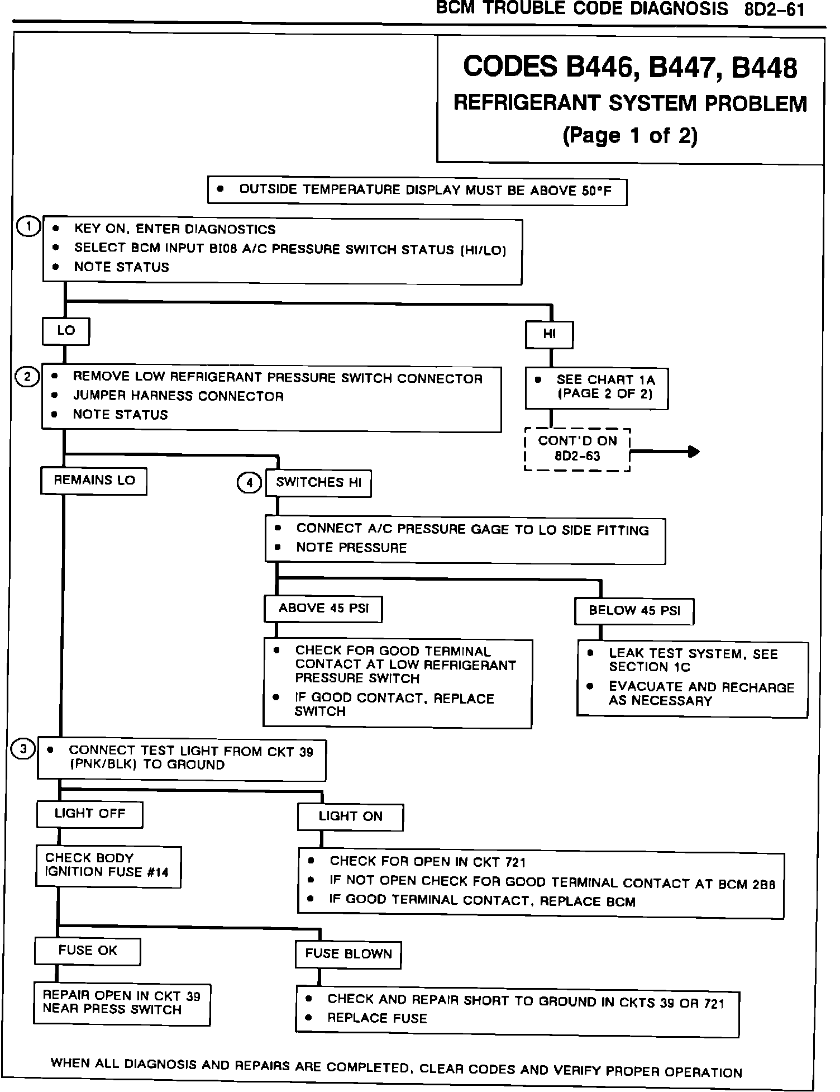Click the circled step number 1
pos(28,227)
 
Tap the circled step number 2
pos(27,377)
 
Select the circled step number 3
pos(23,749)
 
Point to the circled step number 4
pos(249,482)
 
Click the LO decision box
pos(66,331)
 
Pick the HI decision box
pos(550,334)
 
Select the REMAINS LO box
pos(94,481)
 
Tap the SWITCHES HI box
pos(318,483)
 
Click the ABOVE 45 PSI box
pos(323,609)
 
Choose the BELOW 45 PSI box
pos(634,611)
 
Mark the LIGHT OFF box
pos(89,814)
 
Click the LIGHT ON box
pos(350,817)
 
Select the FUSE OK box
pos(88,951)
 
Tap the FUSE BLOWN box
pos(348,955)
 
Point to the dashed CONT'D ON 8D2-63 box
pos(577,449)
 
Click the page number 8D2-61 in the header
pos(774,10)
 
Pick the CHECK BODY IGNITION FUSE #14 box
pos(109,866)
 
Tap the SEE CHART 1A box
pos(596,387)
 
